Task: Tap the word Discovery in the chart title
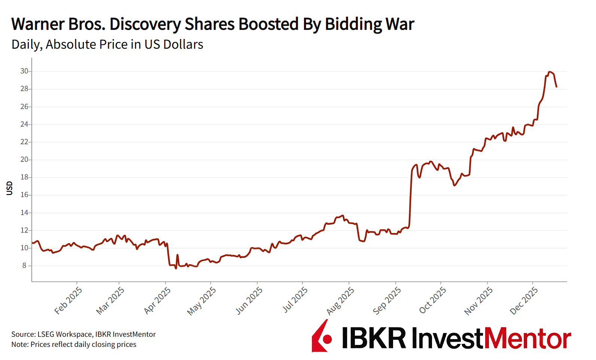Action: click(145, 24)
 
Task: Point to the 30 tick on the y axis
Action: click(24, 71)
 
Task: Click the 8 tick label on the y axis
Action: click(24, 266)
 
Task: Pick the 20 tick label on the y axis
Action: click(24, 160)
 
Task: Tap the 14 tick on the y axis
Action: click(24, 213)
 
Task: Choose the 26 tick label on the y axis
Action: click(24, 107)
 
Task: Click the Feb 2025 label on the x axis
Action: click(69, 300)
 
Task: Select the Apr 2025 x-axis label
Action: click(158, 300)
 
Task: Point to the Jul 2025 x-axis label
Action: click(295, 300)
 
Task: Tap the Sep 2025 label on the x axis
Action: click(387, 300)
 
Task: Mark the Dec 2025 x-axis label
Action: click(524, 300)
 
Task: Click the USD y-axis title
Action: click(10, 188)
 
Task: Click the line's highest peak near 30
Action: click(549, 72)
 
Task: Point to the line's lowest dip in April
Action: click(176, 268)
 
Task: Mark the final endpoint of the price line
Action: click(557, 87)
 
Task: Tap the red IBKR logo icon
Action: click(322, 336)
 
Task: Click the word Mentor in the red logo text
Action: click(528, 339)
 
